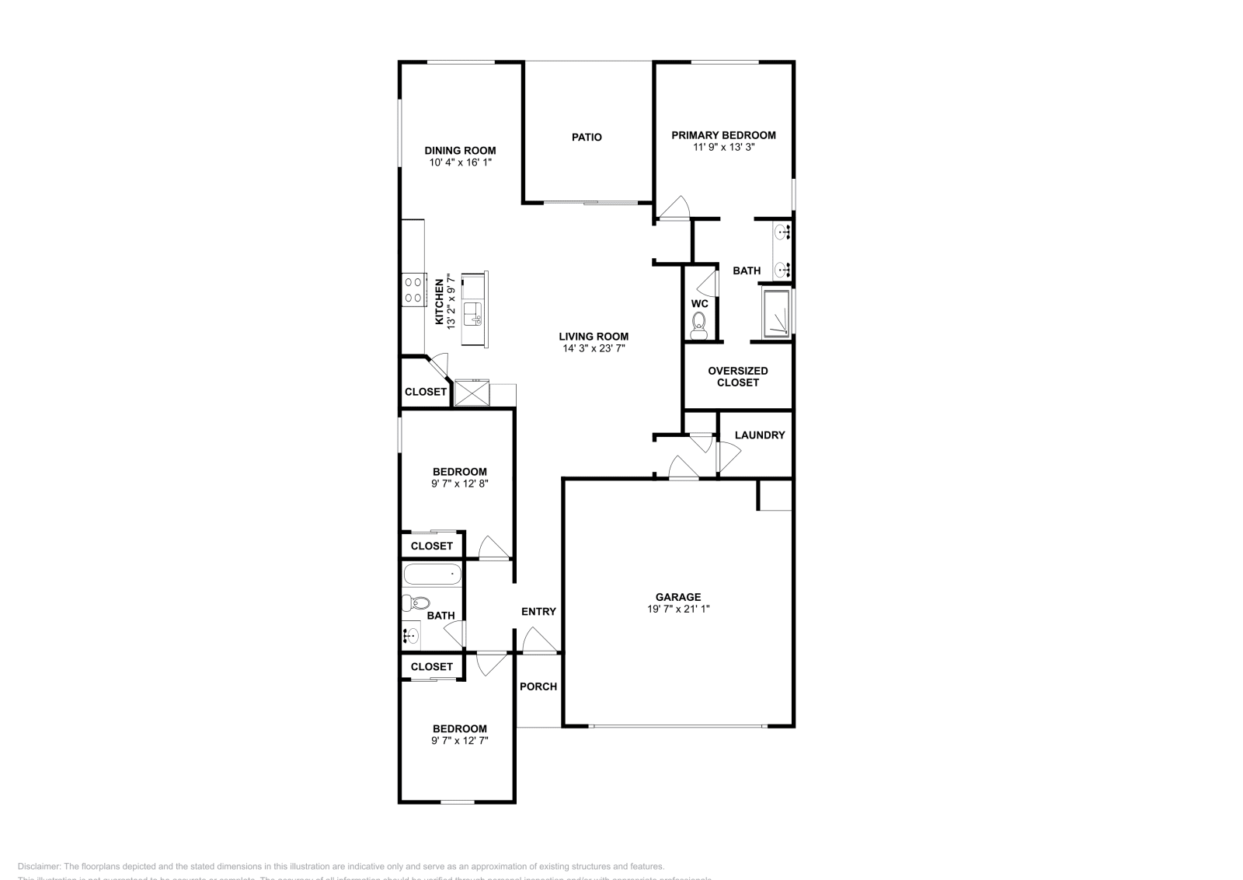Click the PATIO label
(x=587, y=138)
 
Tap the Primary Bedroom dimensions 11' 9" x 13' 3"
(x=723, y=147)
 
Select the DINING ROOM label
(x=460, y=151)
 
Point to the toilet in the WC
(x=699, y=323)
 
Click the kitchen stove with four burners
(x=413, y=289)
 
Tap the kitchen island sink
(x=473, y=314)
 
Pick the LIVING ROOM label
(x=594, y=337)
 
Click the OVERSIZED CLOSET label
(x=737, y=376)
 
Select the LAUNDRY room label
(x=759, y=435)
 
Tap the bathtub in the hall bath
(x=433, y=575)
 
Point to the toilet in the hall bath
(x=416, y=603)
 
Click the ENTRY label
(x=538, y=612)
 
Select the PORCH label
(x=538, y=686)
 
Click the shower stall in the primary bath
(x=777, y=313)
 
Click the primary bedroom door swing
(x=674, y=208)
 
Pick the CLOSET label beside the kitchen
(x=425, y=392)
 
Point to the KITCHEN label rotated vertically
(x=439, y=302)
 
